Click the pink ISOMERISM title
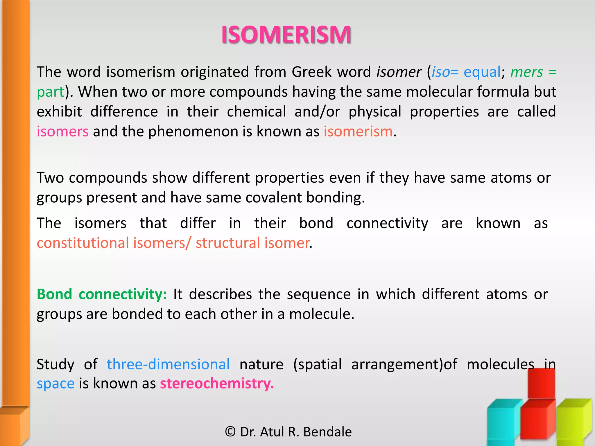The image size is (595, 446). [x=286, y=35]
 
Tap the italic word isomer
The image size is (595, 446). [x=399, y=72]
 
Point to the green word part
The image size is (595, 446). [x=50, y=92]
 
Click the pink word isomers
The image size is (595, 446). [x=62, y=132]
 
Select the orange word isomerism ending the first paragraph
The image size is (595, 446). [x=358, y=132]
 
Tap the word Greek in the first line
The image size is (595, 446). [x=311, y=72]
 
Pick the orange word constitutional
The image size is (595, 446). [x=83, y=243]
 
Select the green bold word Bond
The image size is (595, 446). [x=54, y=294]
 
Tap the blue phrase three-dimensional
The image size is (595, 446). [x=168, y=364]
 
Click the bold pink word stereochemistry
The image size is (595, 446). [x=216, y=384]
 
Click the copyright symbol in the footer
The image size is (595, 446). [x=230, y=432]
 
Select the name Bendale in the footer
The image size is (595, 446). [x=327, y=432]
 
